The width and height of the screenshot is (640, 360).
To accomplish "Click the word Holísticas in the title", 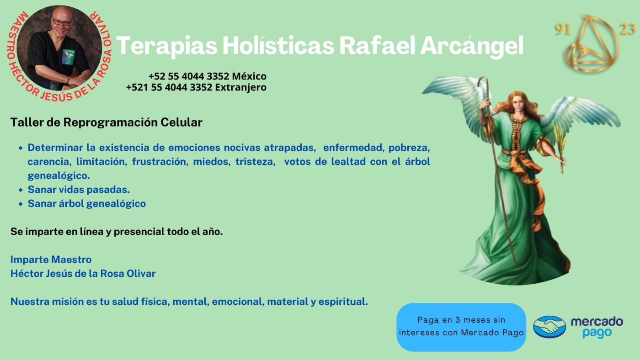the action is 278,45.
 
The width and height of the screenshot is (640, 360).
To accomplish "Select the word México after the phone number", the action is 249,76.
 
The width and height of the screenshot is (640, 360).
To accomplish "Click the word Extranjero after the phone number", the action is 240,87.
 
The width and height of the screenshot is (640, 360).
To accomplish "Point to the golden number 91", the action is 563,29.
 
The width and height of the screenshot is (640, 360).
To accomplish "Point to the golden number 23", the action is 627,29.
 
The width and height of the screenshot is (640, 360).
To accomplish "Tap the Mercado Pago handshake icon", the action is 549,327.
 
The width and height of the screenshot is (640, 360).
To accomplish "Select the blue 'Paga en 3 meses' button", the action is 461,327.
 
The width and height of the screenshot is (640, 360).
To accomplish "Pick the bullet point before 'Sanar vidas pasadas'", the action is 20,190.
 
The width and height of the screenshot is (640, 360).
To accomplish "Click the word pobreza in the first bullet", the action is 409,148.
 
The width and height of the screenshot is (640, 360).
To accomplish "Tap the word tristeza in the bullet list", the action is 256,162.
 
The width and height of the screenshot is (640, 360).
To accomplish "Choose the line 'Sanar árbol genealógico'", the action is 86,204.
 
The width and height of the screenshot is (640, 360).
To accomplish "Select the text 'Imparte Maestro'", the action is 51,259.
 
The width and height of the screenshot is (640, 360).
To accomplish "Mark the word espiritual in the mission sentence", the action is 343,302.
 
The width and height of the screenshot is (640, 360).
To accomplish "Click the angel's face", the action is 518,105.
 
